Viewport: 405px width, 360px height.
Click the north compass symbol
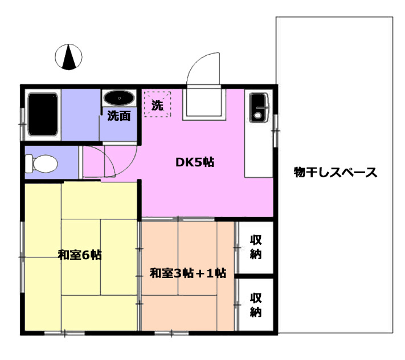(68, 57)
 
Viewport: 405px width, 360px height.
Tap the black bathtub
(43, 114)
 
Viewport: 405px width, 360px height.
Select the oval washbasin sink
(119, 98)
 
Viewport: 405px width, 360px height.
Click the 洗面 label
(119, 116)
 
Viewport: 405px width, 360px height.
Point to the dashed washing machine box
(158, 104)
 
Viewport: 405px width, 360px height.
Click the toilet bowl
(42, 163)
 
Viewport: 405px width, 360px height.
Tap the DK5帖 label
(195, 162)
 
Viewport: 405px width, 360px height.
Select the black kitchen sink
(259, 108)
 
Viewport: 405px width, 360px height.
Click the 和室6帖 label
(80, 255)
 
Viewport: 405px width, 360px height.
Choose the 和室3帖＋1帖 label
(188, 273)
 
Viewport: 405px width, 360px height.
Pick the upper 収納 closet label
(256, 247)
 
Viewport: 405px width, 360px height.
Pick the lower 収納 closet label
(256, 305)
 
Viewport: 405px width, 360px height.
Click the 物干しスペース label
(336, 172)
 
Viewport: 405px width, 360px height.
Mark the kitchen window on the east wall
(275, 131)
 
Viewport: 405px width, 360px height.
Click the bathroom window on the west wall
(22, 124)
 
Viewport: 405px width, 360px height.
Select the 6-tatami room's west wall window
(22, 257)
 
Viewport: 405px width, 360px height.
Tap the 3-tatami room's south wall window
(172, 333)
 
